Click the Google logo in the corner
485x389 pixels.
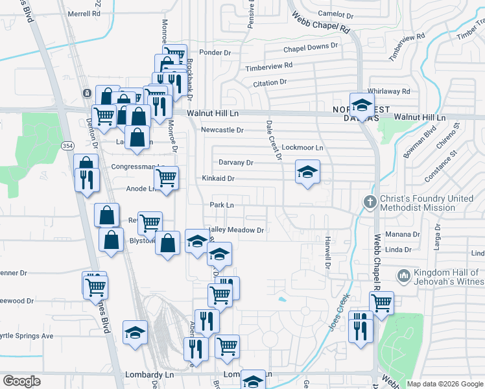[22, 381]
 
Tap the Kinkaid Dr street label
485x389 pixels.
[218, 178]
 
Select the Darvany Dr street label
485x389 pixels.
[235, 163]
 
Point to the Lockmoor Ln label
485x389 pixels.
[303, 148]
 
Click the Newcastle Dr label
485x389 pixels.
[222, 130]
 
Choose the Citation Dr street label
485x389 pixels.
[270, 82]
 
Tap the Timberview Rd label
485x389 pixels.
[269, 66]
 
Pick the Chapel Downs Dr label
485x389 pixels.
[311, 47]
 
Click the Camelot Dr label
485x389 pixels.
[335, 14]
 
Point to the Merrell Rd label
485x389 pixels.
[82, 13]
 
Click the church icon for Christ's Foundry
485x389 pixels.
[370, 202]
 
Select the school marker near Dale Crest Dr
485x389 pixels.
[307, 172]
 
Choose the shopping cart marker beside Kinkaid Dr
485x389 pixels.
[167, 176]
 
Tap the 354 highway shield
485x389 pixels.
[67, 147]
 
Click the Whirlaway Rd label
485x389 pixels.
[389, 91]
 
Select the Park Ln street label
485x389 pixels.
[222, 205]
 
